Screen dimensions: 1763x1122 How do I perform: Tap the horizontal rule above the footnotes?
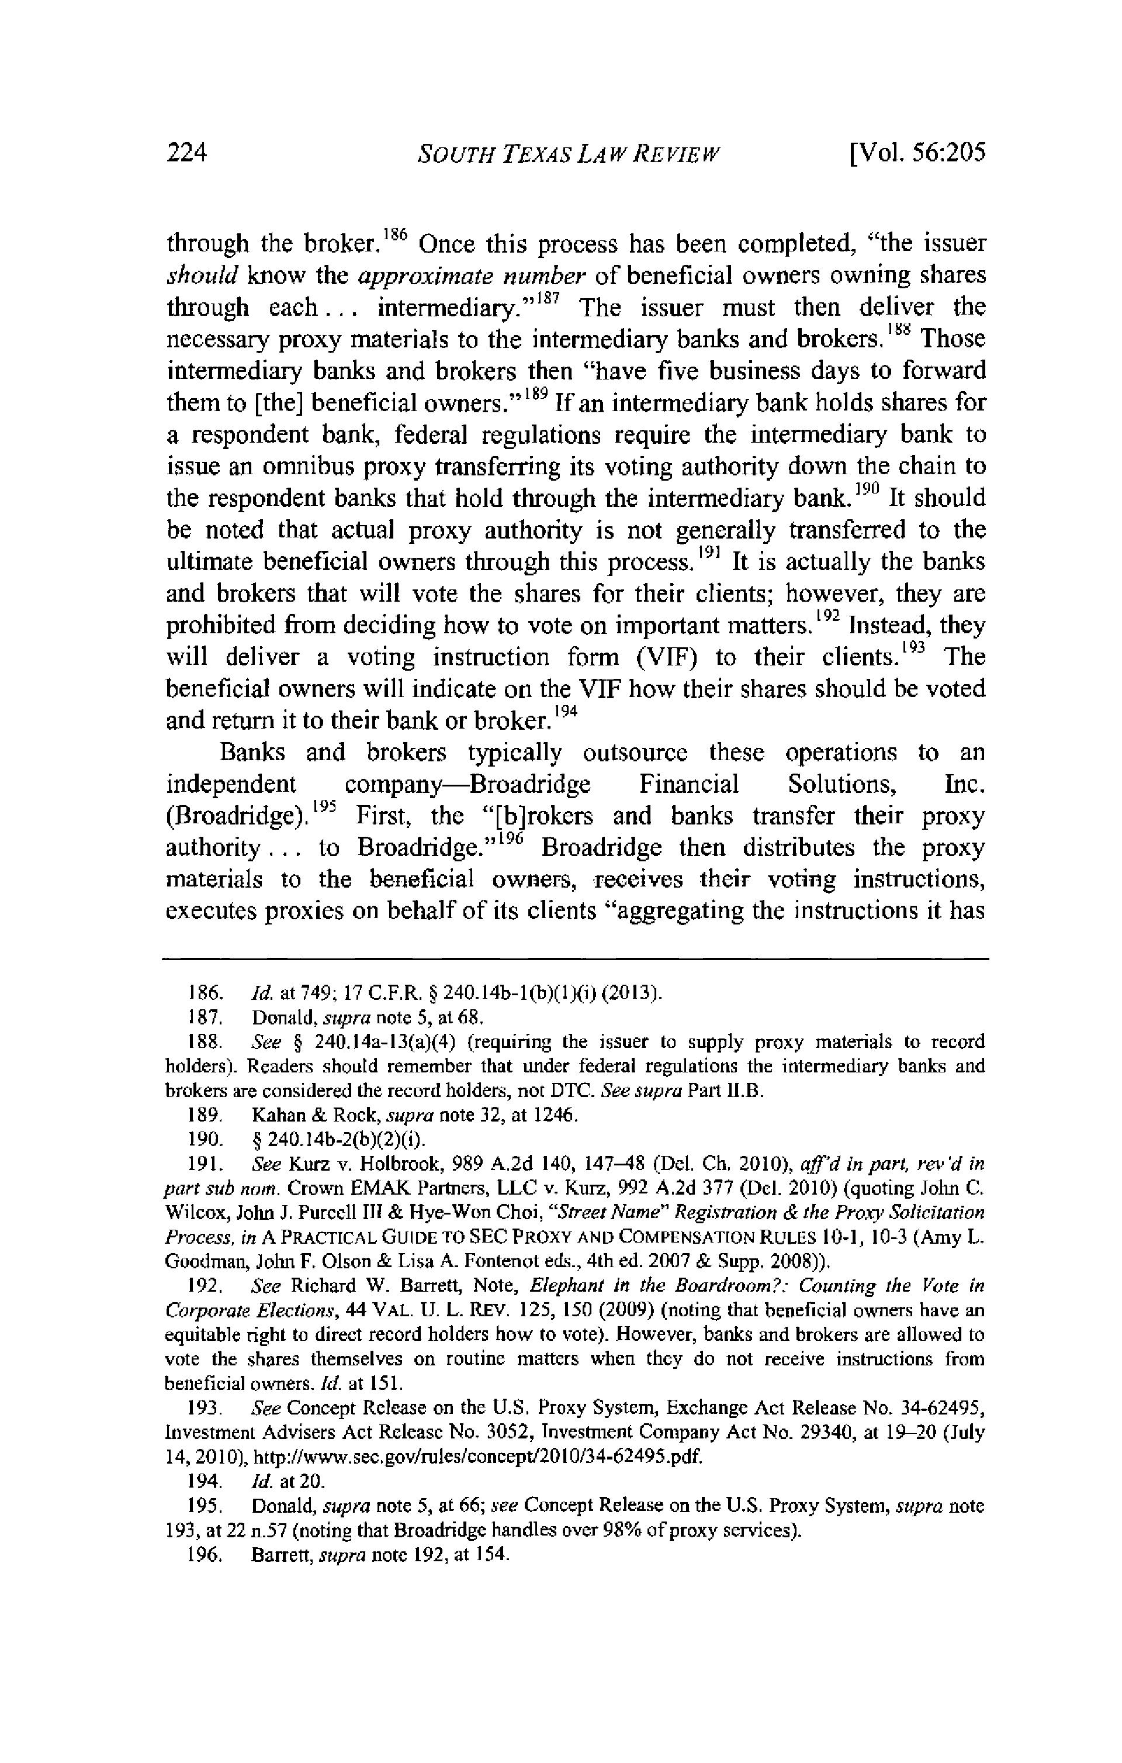pos(575,958)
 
